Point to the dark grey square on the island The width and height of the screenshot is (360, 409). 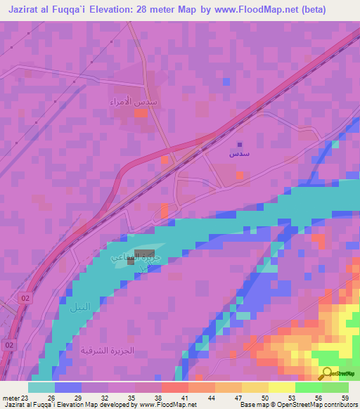click(x=150, y=261)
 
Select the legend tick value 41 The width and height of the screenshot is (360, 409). click(x=185, y=397)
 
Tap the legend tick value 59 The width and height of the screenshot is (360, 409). click(x=344, y=397)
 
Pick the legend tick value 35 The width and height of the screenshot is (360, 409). click(x=131, y=397)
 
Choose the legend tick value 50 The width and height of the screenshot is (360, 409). click(x=264, y=397)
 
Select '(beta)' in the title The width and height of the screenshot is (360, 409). click(x=333, y=11)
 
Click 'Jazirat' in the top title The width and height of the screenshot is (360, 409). click(x=29, y=11)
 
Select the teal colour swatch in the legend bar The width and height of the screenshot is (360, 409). click(x=41, y=387)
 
